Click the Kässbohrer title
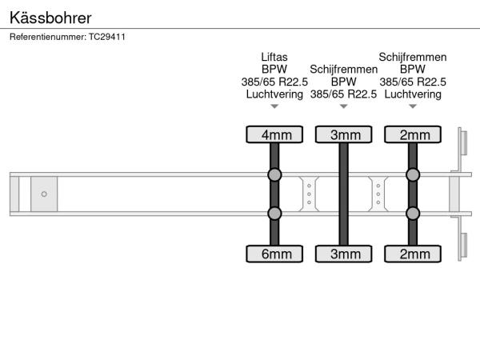tap(50, 18)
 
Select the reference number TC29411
tap(107, 37)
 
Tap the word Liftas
tap(274, 57)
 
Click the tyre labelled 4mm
tap(274, 134)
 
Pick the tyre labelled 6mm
tap(274, 254)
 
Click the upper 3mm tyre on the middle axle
tap(344, 134)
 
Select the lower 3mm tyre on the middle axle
tap(344, 254)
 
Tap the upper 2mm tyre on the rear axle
tap(413, 134)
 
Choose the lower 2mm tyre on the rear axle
tap(413, 254)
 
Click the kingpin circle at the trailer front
tap(44, 194)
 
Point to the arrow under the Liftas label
tap(274, 106)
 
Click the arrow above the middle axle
tap(344, 106)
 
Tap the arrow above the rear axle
tap(413, 106)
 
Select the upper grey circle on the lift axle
tap(274, 174)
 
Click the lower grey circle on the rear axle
tap(413, 214)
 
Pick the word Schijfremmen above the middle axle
tap(344, 70)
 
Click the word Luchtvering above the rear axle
tap(413, 94)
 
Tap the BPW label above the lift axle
tap(274, 69)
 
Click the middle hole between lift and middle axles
tap(309, 194)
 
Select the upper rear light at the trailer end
tap(464, 142)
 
